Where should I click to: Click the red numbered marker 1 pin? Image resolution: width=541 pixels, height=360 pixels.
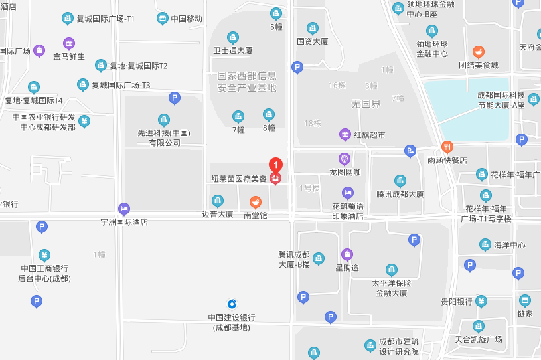point(275,164)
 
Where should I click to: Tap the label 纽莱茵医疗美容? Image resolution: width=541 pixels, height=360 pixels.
point(238,179)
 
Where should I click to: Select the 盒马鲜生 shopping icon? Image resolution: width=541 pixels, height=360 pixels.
point(69,43)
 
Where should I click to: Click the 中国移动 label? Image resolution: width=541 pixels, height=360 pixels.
point(186,19)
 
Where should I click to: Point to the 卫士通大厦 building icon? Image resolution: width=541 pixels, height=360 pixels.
point(233,37)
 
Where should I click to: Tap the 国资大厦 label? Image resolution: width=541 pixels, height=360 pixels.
point(312,41)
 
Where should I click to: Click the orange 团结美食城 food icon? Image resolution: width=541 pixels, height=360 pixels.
point(478,52)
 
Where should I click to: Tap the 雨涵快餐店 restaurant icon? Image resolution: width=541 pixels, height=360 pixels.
point(447,147)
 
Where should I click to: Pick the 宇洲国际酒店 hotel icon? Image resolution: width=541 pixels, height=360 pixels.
point(124,209)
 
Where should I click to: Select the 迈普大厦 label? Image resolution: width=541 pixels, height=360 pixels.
point(218,214)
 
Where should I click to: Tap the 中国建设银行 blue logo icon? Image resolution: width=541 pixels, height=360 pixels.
point(232,303)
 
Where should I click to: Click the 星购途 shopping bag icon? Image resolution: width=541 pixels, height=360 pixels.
point(347,254)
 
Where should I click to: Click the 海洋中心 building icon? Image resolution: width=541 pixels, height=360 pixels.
point(485,245)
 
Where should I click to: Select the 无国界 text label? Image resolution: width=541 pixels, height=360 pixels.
point(366,104)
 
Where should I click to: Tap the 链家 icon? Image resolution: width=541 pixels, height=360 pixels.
point(525,300)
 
